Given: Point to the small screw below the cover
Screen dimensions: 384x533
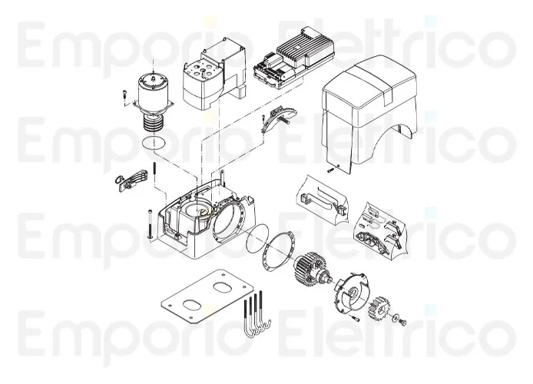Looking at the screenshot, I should pos(330,170).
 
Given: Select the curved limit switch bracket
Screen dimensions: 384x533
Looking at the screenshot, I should pos(276,120).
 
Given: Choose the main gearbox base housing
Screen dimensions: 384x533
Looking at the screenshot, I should pos(207,219).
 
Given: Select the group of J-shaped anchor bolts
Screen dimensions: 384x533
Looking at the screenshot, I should pos(257,315).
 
